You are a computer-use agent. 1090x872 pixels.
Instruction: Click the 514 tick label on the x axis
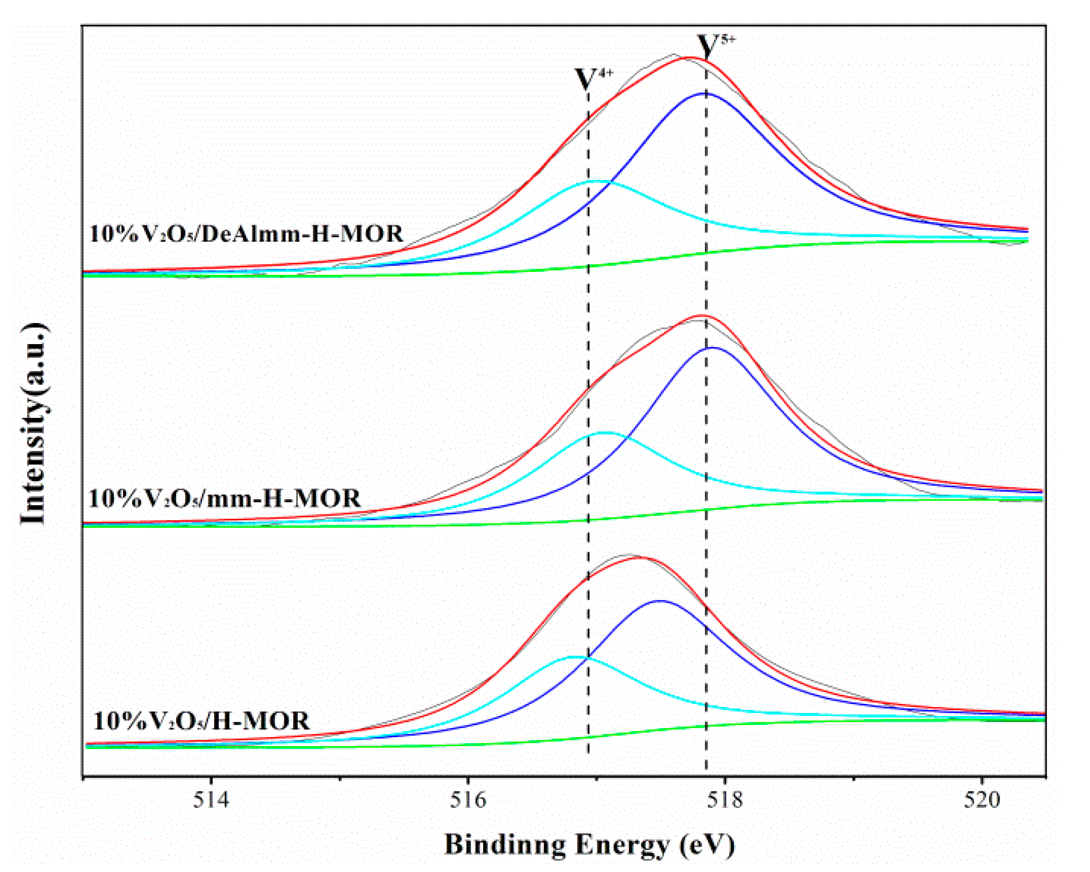click(x=211, y=800)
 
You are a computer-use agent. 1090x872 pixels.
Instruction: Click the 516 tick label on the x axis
click(x=468, y=800)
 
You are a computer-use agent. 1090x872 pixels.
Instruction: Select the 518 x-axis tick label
click(x=726, y=800)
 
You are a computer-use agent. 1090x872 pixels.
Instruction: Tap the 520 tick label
click(x=982, y=800)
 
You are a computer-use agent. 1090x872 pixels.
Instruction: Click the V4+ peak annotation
click(x=594, y=79)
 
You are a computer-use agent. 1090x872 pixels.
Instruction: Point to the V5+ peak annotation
click(x=715, y=46)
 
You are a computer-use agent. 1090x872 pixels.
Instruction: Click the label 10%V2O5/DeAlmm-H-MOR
click(x=246, y=234)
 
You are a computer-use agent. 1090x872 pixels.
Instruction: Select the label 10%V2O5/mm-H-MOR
click(x=225, y=499)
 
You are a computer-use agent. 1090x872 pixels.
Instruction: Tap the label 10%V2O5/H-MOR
click(x=201, y=721)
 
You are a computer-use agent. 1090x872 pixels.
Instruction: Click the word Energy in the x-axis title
click(x=622, y=844)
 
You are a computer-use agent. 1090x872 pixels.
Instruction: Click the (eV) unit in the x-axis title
click(x=708, y=844)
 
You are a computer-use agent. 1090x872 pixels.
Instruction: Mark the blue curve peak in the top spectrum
click(x=704, y=93)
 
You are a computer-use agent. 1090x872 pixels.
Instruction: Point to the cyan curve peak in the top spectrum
click(x=596, y=181)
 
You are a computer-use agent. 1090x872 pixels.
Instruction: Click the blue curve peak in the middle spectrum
click(x=713, y=348)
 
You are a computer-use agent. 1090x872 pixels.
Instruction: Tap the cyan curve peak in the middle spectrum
click(x=606, y=433)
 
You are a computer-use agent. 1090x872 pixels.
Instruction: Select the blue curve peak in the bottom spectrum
click(x=660, y=601)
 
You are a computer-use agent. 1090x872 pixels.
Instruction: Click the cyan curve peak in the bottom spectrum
click(x=573, y=657)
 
